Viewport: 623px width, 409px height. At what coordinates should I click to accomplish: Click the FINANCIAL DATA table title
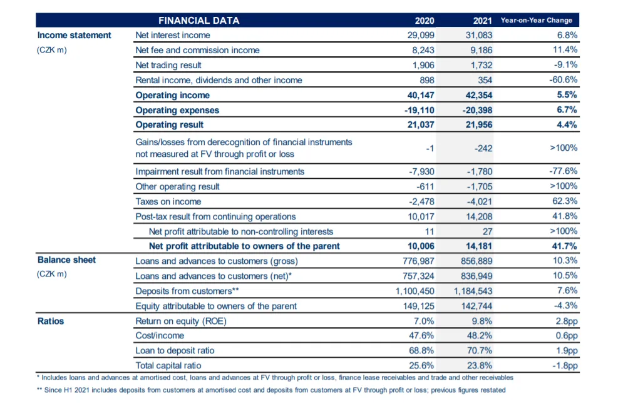point(198,21)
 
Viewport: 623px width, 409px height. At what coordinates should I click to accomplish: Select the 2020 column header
point(425,21)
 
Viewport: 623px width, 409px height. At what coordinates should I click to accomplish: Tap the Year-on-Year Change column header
point(537,20)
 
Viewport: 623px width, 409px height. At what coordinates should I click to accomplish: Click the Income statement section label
point(75,35)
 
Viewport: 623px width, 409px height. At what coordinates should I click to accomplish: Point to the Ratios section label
point(51,321)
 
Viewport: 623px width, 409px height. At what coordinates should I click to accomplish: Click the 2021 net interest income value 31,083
point(479,35)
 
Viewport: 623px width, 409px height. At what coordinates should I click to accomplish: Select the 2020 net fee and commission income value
point(423,51)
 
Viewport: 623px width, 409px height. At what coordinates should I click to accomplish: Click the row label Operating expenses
point(177,110)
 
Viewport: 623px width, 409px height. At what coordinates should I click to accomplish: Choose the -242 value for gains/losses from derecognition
point(483,148)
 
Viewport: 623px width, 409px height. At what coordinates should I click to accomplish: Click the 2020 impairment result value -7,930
point(421,171)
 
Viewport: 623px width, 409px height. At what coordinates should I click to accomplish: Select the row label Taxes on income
point(168,201)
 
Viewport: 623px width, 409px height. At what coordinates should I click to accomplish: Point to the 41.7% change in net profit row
point(565,246)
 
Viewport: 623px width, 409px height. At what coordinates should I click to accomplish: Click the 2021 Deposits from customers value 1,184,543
point(473,291)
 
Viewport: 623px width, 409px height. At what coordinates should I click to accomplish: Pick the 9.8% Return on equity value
point(481,321)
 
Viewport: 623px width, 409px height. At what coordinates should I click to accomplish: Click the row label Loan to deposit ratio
point(175,351)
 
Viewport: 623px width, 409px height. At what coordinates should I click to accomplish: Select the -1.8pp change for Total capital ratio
point(565,366)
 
